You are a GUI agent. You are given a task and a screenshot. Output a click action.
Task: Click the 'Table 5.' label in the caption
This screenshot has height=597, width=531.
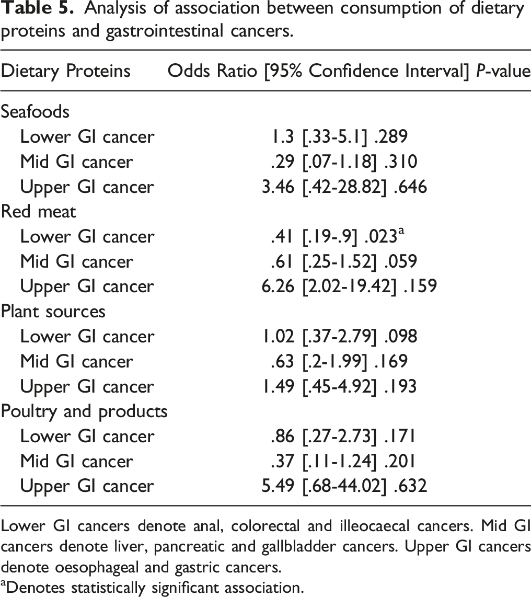[x=37, y=8]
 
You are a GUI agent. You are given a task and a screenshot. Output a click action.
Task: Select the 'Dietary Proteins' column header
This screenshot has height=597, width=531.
[x=66, y=71]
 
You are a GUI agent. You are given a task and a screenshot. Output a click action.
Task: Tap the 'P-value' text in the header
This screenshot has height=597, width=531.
[x=504, y=71]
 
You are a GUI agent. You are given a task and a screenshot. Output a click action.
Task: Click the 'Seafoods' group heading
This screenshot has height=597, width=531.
[x=35, y=112]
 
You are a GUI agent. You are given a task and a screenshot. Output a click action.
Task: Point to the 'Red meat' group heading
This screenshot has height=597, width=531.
[x=39, y=212]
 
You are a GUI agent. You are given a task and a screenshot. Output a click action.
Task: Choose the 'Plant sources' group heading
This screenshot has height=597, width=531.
[x=53, y=312]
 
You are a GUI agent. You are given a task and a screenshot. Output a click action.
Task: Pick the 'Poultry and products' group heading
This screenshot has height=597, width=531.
[x=84, y=411]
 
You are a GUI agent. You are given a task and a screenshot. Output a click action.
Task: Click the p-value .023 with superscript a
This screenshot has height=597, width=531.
[x=384, y=236]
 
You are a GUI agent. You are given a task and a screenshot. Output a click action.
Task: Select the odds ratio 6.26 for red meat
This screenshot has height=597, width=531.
[x=278, y=286]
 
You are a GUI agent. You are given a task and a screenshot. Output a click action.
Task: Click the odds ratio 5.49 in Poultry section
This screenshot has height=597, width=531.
[x=278, y=486]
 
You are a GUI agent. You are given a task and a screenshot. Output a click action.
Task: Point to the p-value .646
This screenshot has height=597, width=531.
[x=410, y=187]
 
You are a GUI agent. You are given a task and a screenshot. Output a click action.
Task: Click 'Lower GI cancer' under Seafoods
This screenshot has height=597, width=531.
[x=87, y=137]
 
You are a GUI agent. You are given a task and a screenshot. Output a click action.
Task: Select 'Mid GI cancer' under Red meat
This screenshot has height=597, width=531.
[x=76, y=261]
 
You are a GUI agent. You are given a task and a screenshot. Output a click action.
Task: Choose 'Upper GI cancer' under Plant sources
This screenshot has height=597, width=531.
[x=87, y=387]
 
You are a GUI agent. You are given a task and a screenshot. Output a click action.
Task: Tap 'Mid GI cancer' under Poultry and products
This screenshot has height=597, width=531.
[x=76, y=461]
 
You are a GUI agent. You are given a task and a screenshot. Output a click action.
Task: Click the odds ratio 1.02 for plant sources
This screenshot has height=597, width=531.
[x=278, y=337]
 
